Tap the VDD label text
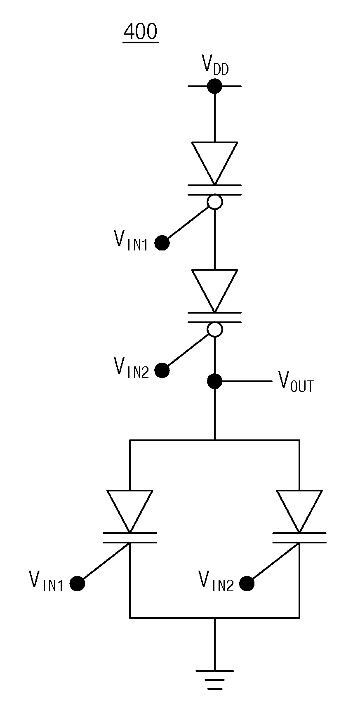215,65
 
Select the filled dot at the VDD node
214,86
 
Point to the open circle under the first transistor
214,202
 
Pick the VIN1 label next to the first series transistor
130,240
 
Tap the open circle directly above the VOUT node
214,329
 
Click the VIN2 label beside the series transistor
131,367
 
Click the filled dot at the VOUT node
214,381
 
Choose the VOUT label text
296,382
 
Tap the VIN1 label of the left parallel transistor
46,581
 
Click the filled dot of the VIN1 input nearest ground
77,584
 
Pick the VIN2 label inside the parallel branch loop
216,581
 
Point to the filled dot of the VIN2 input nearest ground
247,584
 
